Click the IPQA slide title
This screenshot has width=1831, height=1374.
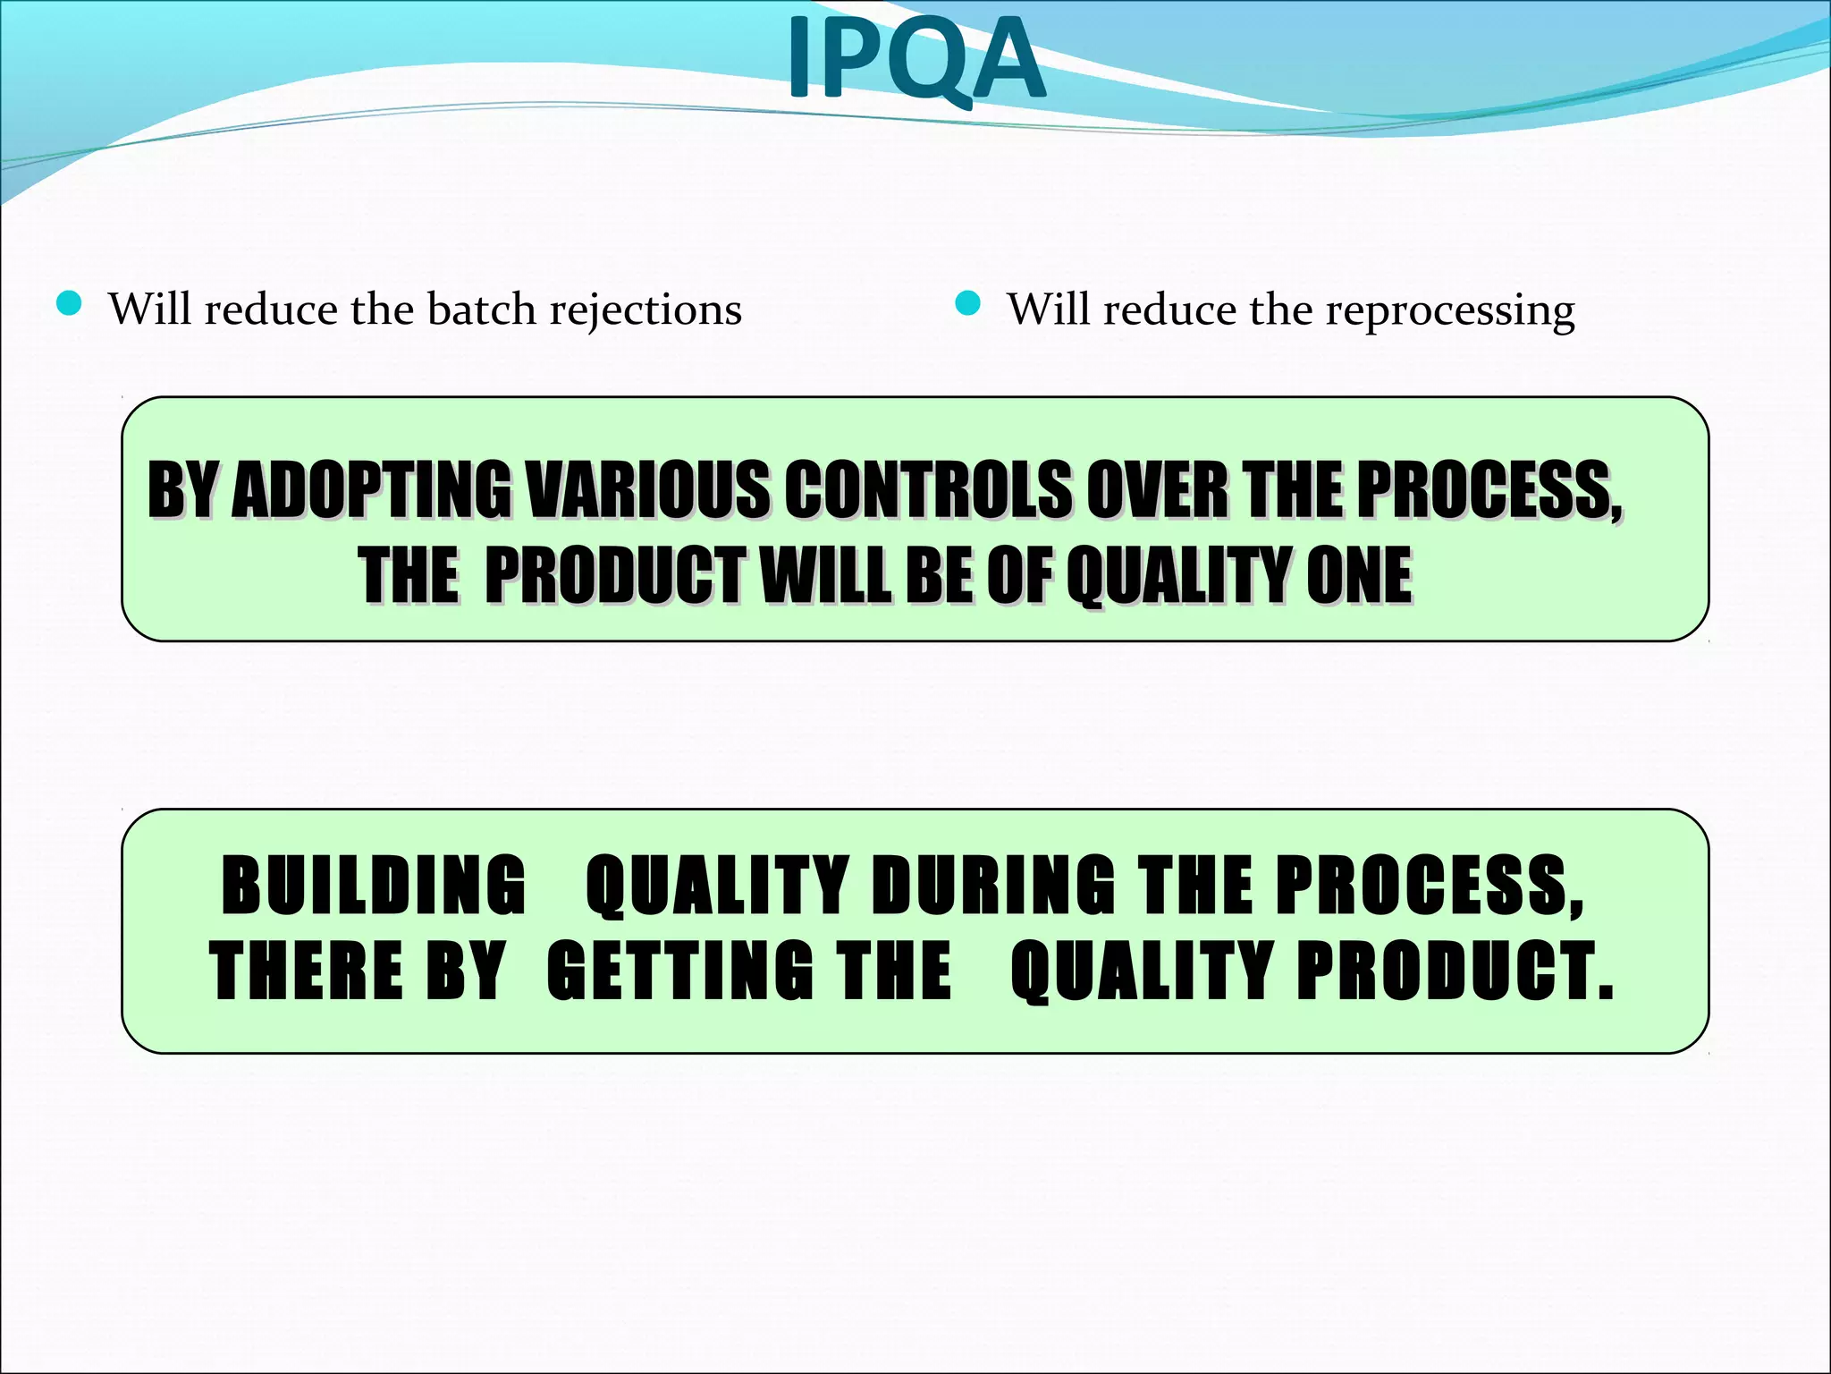click(x=915, y=59)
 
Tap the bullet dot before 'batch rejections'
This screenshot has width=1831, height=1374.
click(x=69, y=305)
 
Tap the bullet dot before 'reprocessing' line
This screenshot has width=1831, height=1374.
click(x=968, y=305)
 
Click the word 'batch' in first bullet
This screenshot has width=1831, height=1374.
click(x=481, y=310)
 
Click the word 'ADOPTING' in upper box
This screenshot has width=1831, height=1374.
click(x=371, y=489)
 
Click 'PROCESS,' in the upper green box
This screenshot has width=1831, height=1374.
click(x=1489, y=489)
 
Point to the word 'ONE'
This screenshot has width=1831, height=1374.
click(x=1359, y=575)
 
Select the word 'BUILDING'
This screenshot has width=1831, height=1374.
click(x=374, y=885)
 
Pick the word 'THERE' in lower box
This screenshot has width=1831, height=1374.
click(x=306, y=971)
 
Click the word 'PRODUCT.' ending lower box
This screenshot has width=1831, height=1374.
click(x=1456, y=971)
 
